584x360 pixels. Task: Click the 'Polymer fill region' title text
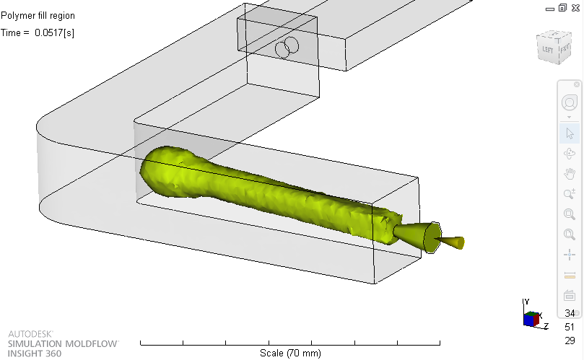tap(38, 16)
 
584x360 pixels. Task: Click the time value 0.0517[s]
tap(54, 32)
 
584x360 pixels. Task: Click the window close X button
tap(575, 8)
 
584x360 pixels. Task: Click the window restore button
tap(562, 8)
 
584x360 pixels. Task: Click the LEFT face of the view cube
tap(547, 50)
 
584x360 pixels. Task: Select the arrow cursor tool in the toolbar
tap(570, 133)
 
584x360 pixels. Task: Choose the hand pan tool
tap(570, 173)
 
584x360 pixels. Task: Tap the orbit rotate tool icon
tap(570, 154)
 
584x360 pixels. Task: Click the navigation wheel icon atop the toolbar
tap(570, 102)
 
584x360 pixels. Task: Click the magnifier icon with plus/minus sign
tap(570, 193)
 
